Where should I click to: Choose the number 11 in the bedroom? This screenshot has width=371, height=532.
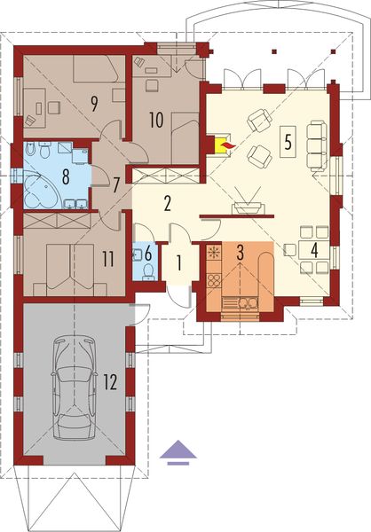pos(107,259)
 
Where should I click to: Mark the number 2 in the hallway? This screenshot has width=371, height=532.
pos(166,202)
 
